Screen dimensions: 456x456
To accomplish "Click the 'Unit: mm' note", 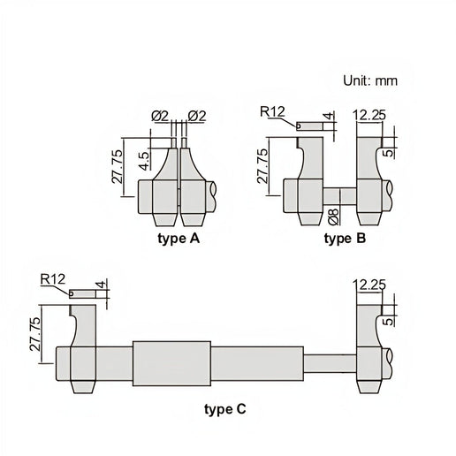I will (x=370, y=80).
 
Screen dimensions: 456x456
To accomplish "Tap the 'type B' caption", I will (x=346, y=238).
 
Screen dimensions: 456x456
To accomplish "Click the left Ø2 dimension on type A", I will (x=160, y=114).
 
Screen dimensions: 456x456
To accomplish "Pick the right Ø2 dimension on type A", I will (x=196, y=114).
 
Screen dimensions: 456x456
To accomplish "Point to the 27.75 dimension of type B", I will (x=262, y=165).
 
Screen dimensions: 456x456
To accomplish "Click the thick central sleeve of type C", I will (x=171, y=361).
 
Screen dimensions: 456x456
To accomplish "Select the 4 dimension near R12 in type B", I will (x=329, y=116).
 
